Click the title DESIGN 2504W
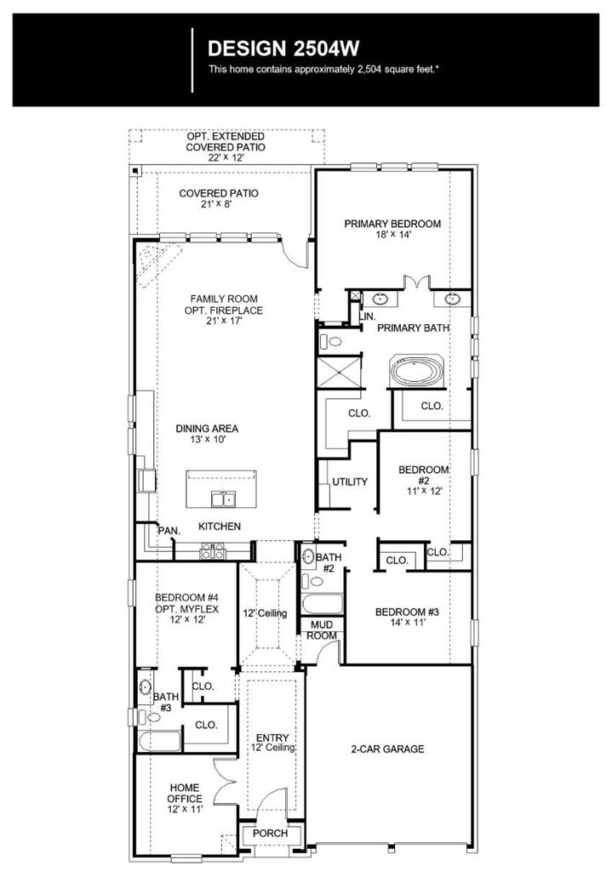283,48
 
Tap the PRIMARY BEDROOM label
392,224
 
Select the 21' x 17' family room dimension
224,321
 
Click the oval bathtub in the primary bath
415,372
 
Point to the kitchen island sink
224,498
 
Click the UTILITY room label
350,481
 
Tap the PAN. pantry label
169,531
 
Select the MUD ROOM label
322,630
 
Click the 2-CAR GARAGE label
387,749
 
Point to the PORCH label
270,834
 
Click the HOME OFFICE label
185,793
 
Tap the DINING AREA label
208,429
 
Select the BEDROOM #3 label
407,612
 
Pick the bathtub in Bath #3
159,741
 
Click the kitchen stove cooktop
213,550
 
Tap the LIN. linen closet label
368,316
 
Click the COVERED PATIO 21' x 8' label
219,198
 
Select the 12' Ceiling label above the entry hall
266,613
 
